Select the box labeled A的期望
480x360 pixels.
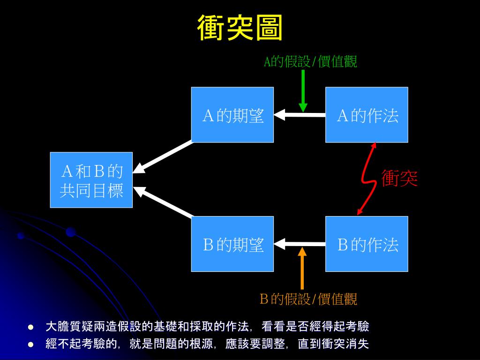(232, 115)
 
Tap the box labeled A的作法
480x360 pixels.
(367, 115)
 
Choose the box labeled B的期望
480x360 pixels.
(232, 244)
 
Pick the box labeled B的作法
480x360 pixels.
(367, 244)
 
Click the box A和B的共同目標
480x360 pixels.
(91, 180)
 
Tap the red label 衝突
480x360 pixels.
(399, 179)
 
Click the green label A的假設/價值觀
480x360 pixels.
(310, 61)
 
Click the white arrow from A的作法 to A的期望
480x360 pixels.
(300, 114)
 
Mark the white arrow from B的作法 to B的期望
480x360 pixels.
(300, 244)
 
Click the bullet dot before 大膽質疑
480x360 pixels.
(31, 327)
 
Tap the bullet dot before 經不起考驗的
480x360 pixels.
(31, 345)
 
